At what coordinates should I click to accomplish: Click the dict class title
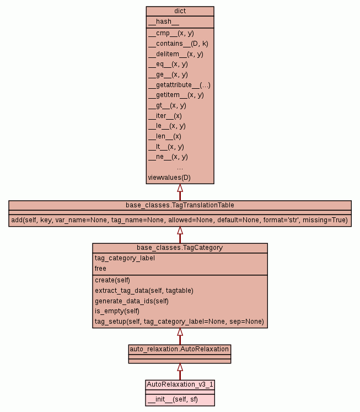point(180,11)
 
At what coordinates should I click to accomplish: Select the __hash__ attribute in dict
point(163,22)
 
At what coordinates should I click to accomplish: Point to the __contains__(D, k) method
point(178,44)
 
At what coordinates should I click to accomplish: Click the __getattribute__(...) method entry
point(179,85)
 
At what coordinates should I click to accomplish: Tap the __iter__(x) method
point(165,116)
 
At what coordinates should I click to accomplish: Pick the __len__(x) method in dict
point(164,136)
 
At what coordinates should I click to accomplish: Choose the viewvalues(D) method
point(169,178)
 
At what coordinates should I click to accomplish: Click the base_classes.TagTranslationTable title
point(180,205)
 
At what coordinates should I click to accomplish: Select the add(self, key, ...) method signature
point(180,220)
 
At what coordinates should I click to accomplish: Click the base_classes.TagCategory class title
point(180,248)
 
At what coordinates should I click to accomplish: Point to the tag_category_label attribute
point(125,258)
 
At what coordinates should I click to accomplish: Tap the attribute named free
point(100,269)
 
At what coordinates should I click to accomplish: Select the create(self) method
point(112,280)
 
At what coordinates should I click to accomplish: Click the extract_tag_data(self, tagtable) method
point(144,291)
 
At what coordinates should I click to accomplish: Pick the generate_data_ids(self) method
point(131,301)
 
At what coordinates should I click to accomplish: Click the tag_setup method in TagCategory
point(179,322)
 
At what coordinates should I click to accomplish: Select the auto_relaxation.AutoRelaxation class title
point(179,349)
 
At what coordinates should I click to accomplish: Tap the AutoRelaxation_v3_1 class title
point(179,384)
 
